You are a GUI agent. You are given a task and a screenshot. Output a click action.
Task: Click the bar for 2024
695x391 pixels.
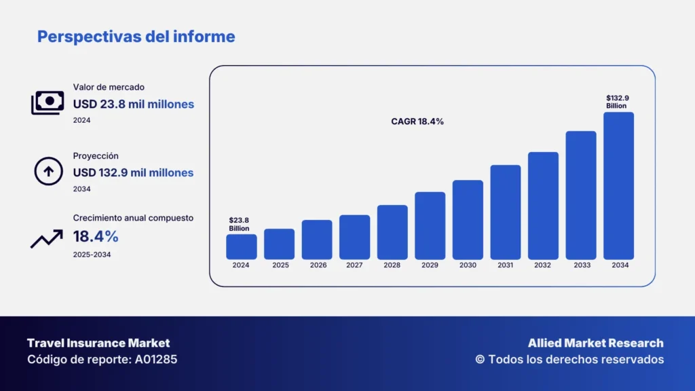241,247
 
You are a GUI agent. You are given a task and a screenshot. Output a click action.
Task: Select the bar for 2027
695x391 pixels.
354,237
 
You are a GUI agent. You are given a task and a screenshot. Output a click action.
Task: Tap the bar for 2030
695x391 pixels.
468,220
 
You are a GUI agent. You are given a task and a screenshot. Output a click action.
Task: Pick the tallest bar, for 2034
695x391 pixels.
618,186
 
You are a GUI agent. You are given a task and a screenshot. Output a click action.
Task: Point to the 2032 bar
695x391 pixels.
543,206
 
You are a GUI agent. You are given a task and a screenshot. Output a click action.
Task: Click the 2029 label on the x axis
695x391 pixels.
430,265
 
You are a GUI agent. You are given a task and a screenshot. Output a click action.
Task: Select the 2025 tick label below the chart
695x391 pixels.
280,265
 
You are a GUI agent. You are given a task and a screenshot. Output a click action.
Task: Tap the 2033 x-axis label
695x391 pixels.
582,265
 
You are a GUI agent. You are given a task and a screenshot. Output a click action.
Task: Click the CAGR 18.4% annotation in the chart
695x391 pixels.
417,122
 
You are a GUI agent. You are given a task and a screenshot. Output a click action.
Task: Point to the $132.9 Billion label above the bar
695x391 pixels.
618,102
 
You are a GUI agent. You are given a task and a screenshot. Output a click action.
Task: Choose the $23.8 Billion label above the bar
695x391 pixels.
239,224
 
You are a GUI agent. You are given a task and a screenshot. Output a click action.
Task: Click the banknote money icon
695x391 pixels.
48,103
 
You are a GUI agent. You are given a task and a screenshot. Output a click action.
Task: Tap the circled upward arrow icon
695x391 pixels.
48,171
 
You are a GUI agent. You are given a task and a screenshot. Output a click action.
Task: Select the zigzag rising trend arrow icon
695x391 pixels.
47,239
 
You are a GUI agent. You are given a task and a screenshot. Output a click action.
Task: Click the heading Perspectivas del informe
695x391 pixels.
136,37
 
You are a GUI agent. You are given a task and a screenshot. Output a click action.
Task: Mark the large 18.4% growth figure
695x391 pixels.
96,236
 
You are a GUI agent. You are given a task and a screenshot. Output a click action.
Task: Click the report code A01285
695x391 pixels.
156,359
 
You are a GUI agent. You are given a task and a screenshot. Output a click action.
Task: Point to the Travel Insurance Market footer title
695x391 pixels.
98,343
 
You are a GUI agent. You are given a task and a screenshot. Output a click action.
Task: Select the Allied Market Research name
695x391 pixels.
596,343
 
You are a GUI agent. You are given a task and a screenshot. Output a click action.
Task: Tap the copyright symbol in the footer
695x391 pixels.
480,359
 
